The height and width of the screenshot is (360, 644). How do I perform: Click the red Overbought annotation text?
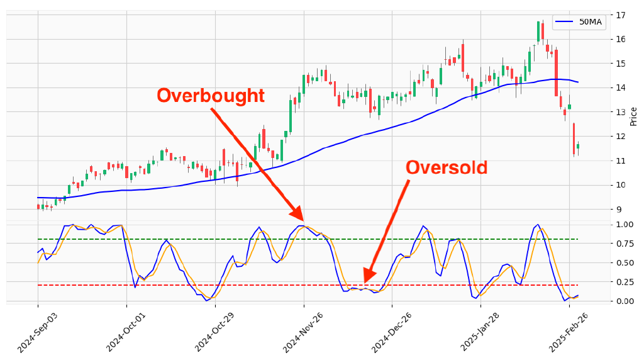211,96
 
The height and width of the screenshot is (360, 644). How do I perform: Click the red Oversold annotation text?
447,168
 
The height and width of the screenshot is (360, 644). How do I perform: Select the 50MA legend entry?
579,22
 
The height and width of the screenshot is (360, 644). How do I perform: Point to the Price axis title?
633,116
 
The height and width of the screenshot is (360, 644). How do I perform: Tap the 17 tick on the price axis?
621,14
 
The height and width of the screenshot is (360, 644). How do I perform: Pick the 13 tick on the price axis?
621,112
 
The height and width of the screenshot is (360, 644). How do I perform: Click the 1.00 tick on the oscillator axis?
625,225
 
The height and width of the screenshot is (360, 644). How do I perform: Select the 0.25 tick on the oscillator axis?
625,282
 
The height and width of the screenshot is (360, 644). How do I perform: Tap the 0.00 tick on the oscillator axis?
625,301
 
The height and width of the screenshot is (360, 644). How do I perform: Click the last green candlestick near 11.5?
578,146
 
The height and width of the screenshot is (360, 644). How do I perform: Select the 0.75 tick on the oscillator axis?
625,244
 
